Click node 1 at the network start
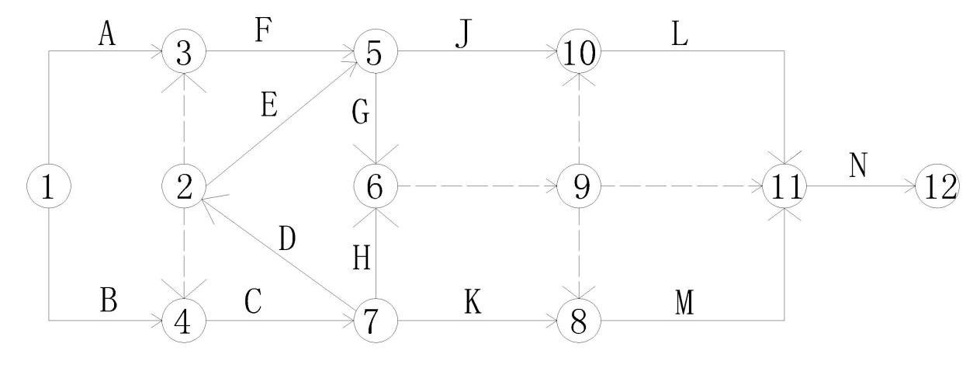49,186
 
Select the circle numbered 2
184,186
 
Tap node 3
184,53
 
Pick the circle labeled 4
184,319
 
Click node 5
376,53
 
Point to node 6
376,186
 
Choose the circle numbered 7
376,319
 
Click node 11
784,186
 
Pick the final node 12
937,186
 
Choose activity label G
359,113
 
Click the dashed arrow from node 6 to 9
477,186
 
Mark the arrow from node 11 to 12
861,187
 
